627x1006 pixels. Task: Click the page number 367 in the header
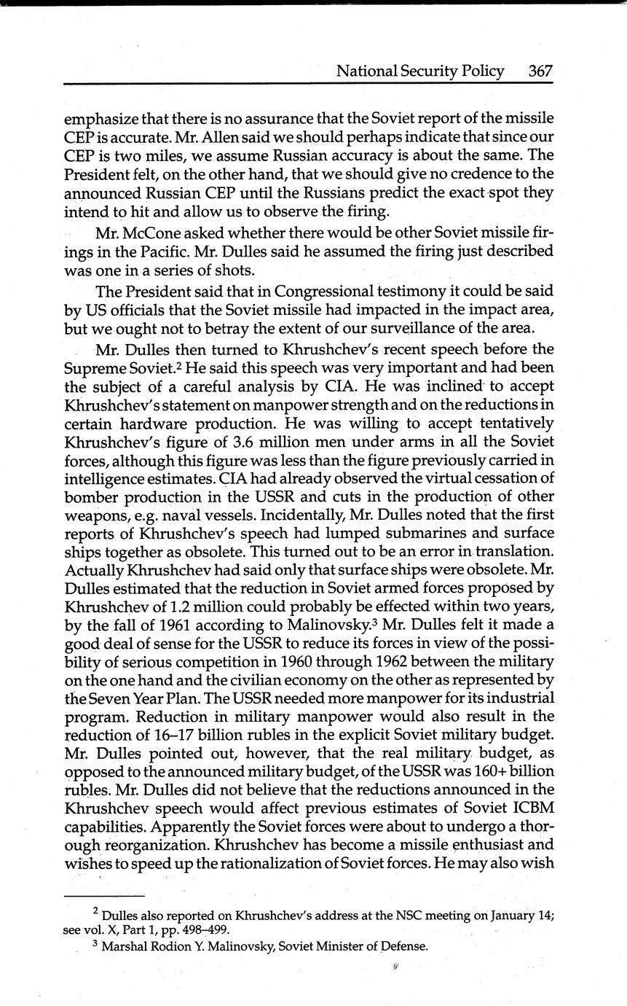(540, 71)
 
